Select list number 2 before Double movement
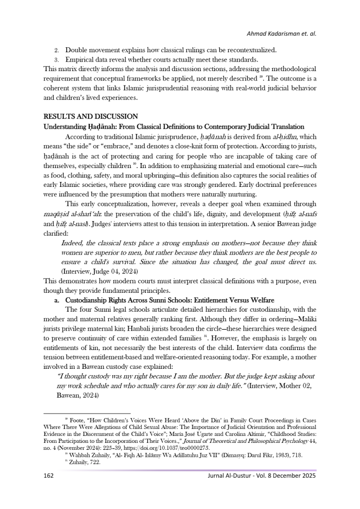(56, 50)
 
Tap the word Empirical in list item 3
(82, 59)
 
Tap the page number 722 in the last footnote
(94, 462)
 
